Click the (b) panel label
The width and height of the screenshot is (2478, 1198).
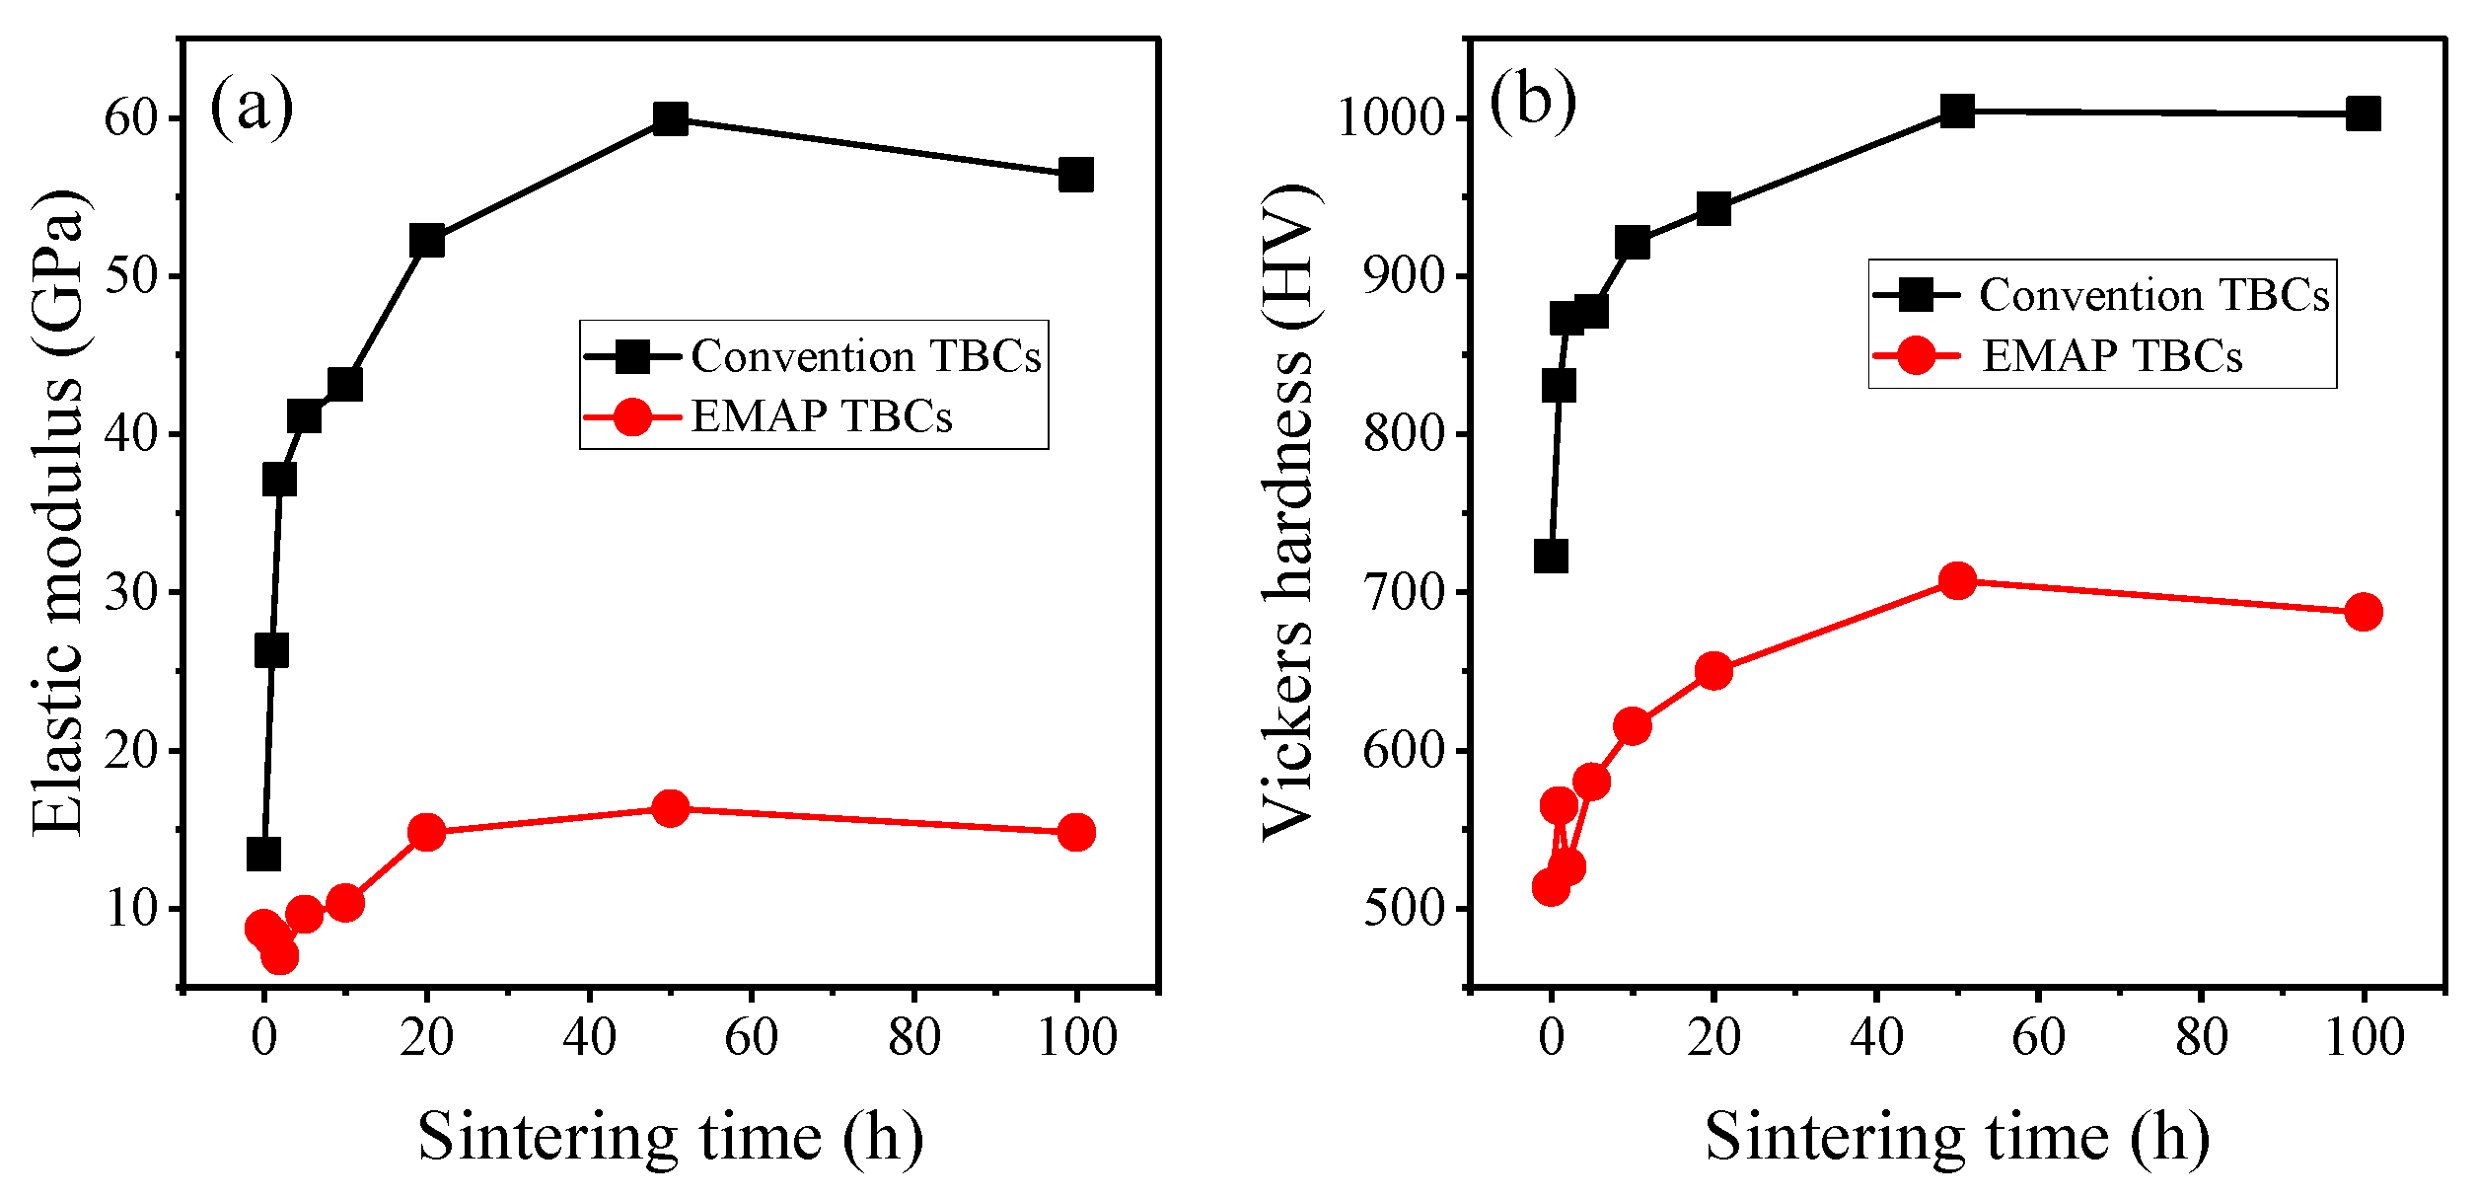point(1532,101)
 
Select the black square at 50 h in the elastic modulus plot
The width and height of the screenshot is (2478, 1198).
point(670,119)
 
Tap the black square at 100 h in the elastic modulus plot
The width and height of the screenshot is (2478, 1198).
point(1075,175)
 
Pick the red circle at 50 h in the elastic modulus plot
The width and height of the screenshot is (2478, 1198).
point(670,809)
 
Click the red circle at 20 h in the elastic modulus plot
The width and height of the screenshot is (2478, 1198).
point(426,833)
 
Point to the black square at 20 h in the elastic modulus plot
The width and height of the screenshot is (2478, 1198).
point(426,240)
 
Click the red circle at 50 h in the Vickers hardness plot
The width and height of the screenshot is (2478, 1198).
point(1957,581)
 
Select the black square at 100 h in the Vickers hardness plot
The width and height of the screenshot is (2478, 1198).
point(2363,113)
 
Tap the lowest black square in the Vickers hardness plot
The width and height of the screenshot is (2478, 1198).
point(1551,557)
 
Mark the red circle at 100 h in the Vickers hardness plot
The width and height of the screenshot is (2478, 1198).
point(2363,612)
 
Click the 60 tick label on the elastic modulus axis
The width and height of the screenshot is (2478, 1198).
point(131,118)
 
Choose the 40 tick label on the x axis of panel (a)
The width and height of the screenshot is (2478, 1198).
point(589,1037)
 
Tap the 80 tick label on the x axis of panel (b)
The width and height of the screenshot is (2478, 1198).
point(2201,1037)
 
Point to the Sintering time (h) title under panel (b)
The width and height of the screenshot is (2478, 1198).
point(1957,1137)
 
